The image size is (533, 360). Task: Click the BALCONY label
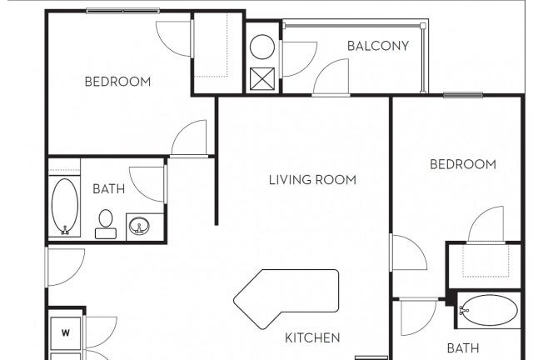377,46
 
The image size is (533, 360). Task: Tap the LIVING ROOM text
312,180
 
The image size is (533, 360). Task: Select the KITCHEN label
312,337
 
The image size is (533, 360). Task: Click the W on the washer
66,332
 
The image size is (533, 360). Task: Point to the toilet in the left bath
106,224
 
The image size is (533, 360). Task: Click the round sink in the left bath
139,225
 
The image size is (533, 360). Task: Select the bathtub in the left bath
65,206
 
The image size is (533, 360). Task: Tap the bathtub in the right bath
488,310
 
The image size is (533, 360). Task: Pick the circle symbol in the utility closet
262,47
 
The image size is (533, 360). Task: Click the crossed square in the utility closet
262,79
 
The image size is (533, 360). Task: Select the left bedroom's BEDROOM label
117,82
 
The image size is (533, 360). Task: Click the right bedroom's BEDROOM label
463,165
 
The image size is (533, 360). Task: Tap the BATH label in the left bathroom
109,189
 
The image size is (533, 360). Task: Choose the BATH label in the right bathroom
463,348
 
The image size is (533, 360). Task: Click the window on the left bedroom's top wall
122,11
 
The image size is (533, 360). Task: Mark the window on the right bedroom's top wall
463,95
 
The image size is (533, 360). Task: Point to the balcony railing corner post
422,26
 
